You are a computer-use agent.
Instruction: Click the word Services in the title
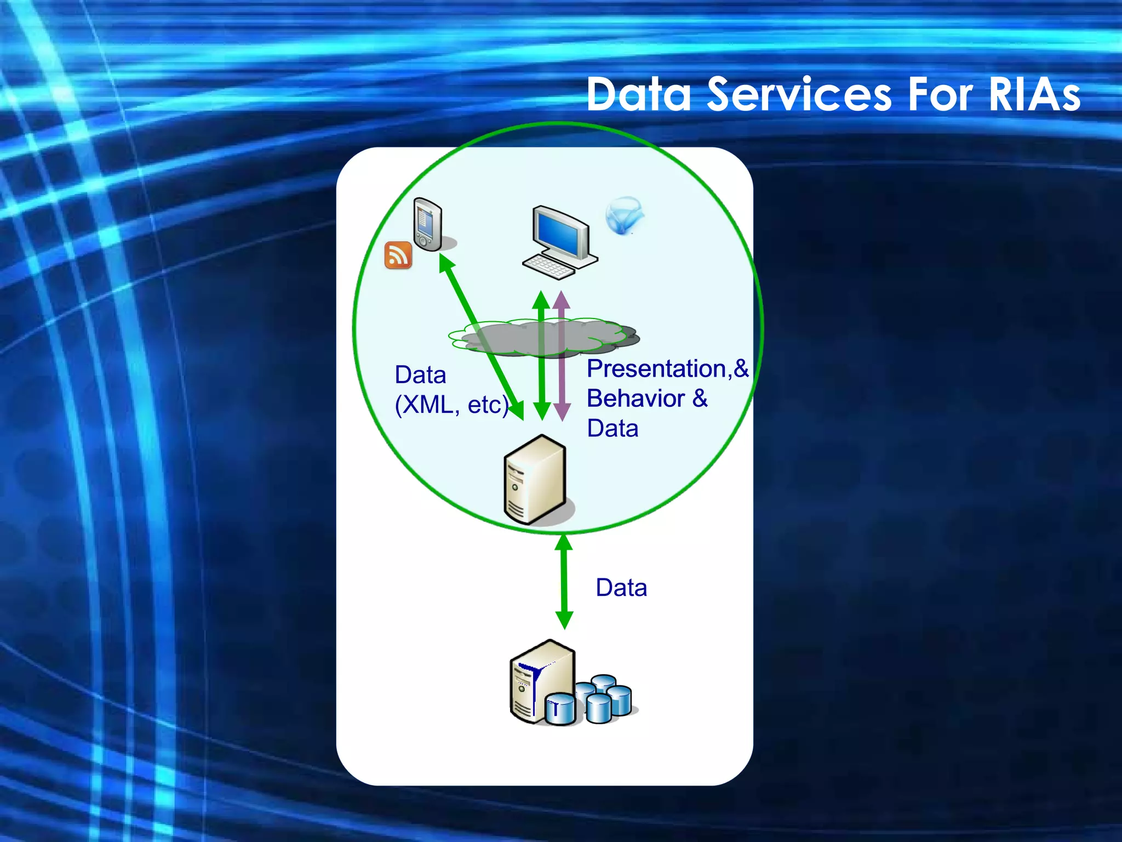[799, 94]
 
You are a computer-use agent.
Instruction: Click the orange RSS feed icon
[398, 255]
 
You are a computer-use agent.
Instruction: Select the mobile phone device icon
[428, 225]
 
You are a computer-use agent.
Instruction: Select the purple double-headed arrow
[562, 356]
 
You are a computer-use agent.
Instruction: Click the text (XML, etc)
[451, 405]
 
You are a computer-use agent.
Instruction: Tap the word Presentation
[656, 369]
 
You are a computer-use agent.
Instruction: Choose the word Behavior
[636, 399]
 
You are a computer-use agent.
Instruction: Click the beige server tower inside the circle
[534, 480]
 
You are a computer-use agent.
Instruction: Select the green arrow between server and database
[564, 582]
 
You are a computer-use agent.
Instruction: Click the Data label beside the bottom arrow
[621, 588]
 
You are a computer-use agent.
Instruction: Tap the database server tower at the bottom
[534, 682]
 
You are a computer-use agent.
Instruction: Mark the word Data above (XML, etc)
[420, 376]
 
